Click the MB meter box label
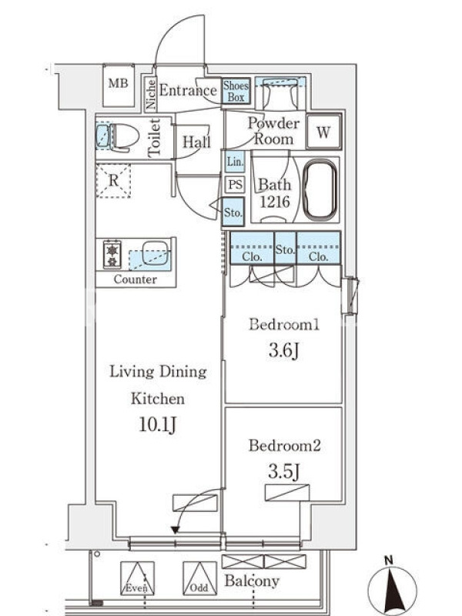[119, 83]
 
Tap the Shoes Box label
[236, 91]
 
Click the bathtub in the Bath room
[320, 190]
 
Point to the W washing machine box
[323, 132]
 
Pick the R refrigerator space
[113, 181]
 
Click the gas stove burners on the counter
[112, 255]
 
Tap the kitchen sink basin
[156, 253]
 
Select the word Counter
[136, 280]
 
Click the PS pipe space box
[236, 184]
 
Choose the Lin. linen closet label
[235, 162]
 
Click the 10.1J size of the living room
[157, 424]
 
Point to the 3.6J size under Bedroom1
[284, 350]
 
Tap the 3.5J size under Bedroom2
[284, 471]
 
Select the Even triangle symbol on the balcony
[137, 578]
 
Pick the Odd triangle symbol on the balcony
[199, 578]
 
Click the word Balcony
[252, 581]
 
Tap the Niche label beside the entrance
[150, 93]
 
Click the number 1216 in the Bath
[275, 202]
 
